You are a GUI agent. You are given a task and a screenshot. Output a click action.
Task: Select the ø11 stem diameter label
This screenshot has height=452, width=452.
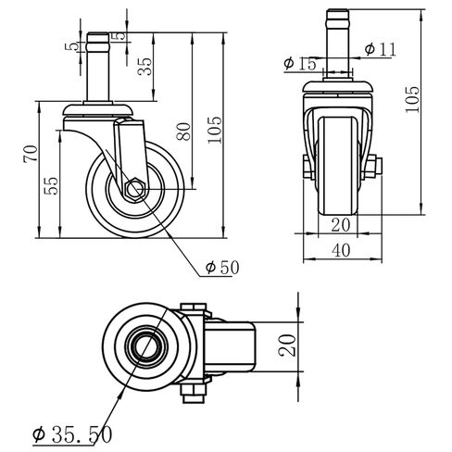pyautogui.click(x=381, y=48)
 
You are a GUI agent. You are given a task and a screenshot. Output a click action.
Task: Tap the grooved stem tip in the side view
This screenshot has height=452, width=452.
pyautogui.click(x=103, y=43)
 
